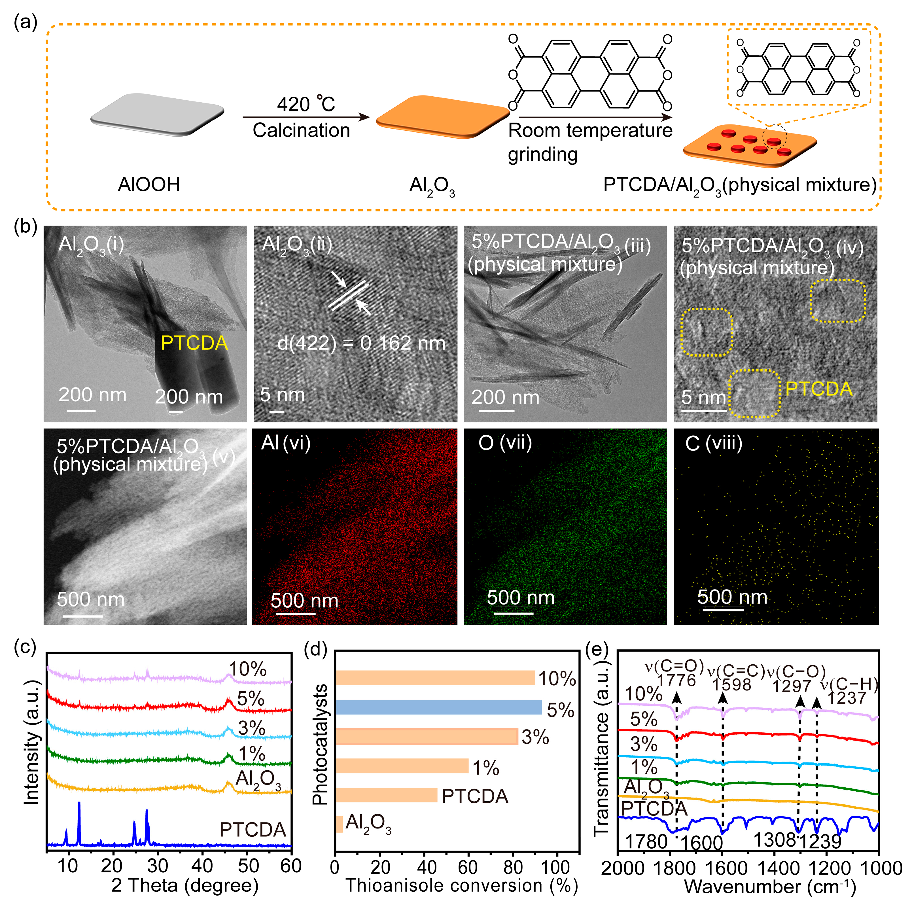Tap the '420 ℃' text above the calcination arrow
click(306, 104)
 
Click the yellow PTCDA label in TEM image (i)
click(194, 343)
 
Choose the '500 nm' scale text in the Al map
click(304, 601)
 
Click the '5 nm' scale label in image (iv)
click(704, 397)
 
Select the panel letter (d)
click(316, 649)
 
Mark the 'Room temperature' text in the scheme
click(590, 130)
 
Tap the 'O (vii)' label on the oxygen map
click(505, 443)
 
